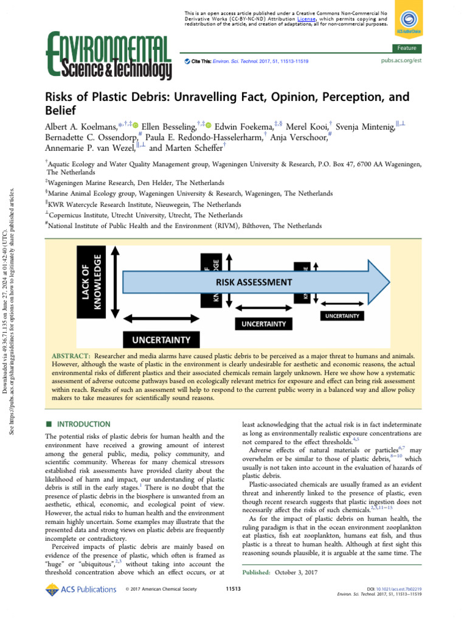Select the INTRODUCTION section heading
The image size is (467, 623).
tap(85, 424)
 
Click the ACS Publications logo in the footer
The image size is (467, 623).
tap(81, 589)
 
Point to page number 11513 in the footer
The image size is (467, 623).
tap(233, 589)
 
